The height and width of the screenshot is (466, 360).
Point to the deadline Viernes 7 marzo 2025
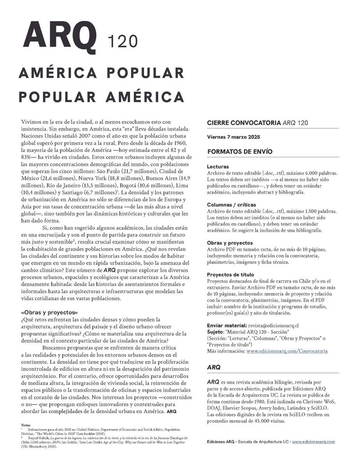click(233, 137)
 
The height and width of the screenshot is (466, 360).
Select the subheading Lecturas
click(218, 167)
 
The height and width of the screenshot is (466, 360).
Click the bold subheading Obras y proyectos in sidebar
click(230, 243)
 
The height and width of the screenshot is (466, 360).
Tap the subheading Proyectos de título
click(231, 275)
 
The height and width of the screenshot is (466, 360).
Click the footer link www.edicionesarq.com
click(313, 442)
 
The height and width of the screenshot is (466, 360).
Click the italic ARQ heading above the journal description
click(214, 367)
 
